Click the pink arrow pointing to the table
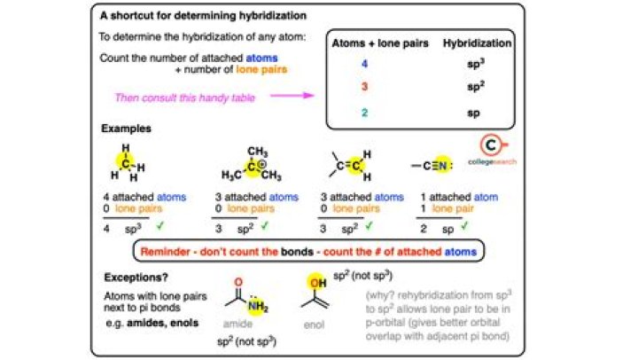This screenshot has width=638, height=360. click(x=283, y=95)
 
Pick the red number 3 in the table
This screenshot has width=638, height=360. click(x=362, y=88)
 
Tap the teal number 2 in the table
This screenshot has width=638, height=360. click(x=362, y=112)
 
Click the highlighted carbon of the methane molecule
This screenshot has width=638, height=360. click(x=125, y=160)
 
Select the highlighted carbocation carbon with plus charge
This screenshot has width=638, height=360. click(x=231, y=166)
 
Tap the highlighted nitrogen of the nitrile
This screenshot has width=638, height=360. click(x=447, y=164)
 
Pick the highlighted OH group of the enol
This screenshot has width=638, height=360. click(x=315, y=281)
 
